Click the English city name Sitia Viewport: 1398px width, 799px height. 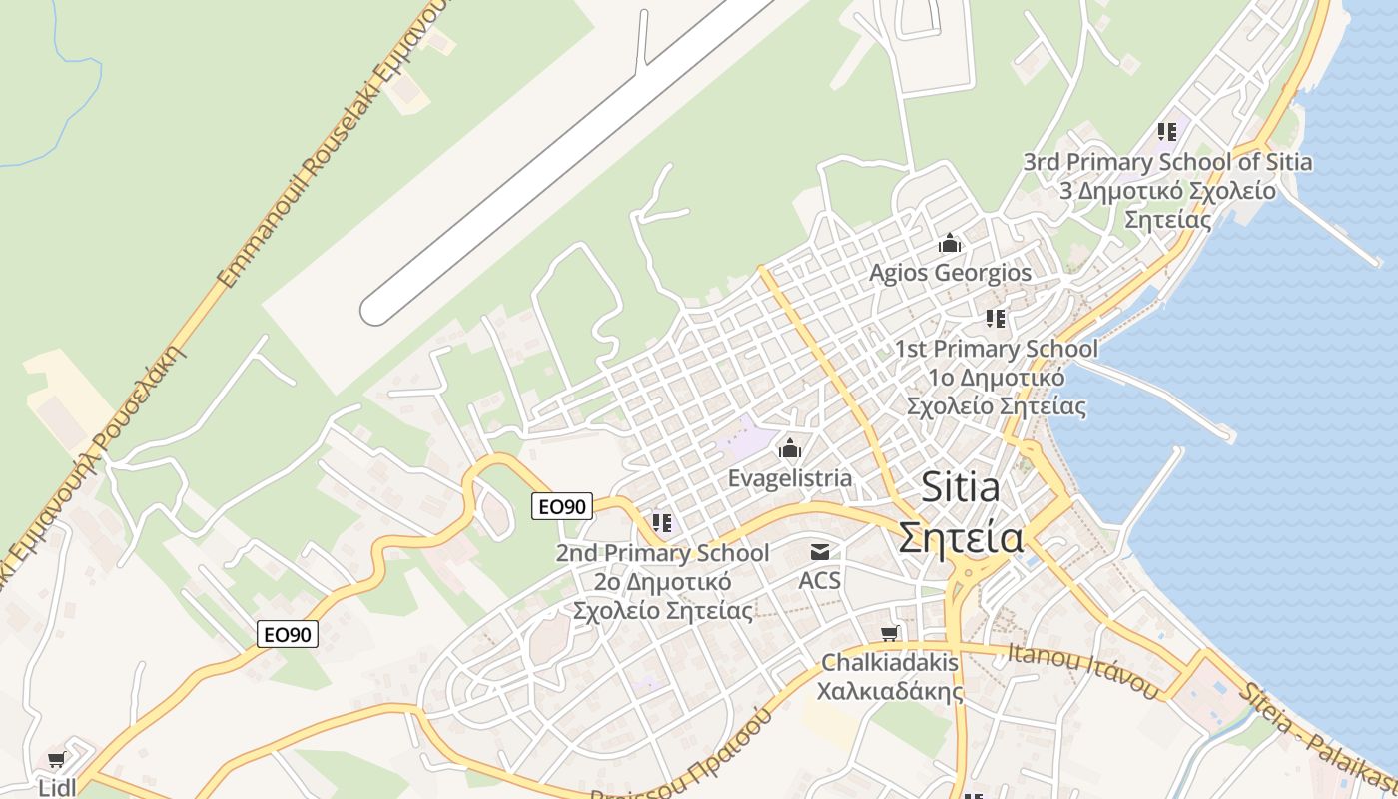[960, 487]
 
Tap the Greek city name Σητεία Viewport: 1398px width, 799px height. [960, 537]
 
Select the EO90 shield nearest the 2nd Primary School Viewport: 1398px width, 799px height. [562, 506]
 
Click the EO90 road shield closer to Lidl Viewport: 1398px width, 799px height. [288, 634]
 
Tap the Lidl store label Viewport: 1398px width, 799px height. [57, 787]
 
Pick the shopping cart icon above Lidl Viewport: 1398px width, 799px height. [57, 760]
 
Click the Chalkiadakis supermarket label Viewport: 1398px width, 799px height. [890, 662]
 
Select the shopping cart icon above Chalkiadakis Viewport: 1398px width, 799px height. [890, 633]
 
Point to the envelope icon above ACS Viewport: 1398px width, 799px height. [820, 552]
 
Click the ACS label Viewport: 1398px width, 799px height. [820, 580]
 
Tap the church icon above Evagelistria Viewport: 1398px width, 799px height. [790, 448]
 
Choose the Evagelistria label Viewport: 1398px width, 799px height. [790, 478]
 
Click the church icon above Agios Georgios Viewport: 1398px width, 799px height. [949, 243]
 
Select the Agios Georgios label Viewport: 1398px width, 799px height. [950, 273]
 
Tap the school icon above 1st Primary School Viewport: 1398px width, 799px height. [996, 319]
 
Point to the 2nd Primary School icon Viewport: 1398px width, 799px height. [661, 523]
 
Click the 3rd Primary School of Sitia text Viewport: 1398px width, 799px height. [1167, 161]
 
